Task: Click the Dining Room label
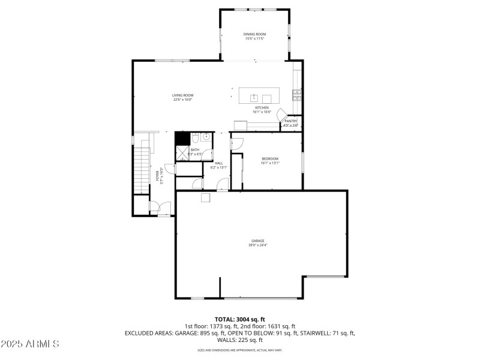[x=254, y=34]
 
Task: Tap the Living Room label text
[x=182, y=95]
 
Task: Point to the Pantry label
[x=290, y=121]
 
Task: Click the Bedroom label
[x=269, y=159]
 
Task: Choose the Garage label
[x=257, y=241]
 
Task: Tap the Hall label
[x=218, y=163]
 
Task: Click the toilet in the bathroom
[x=195, y=139]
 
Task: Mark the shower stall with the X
[x=181, y=152]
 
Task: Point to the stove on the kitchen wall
[x=296, y=94]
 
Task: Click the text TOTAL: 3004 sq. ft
[x=239, y=319]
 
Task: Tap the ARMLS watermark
[x=30, y=344]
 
